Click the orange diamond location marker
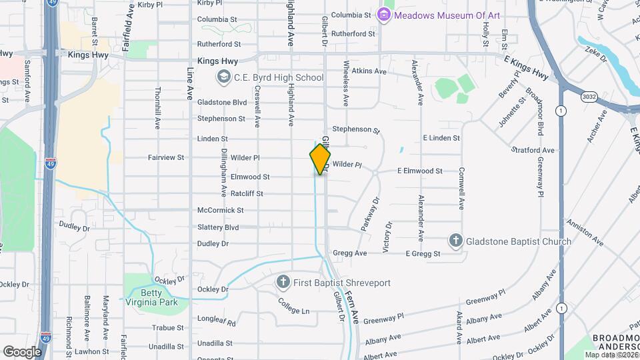[320, 159]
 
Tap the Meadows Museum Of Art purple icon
[383, 14]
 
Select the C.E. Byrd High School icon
[223, 77]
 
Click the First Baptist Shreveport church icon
[283, 283]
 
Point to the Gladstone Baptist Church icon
[456, 241]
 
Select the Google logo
[22, 351]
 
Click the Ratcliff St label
[247, 193]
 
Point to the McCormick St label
[221, 210]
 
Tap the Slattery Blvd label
[218, 227]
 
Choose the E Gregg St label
[424, 254]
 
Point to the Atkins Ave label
[369, 71]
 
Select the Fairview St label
[166, 157]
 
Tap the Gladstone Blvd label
[222, 102]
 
